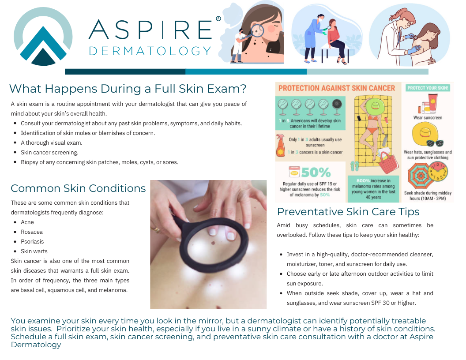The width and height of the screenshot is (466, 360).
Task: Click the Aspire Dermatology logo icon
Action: click(x=43, y=37)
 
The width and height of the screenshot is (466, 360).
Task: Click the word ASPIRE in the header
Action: click(x=150, y=29)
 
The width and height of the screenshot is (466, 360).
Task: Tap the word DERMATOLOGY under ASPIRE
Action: click(x=150, y=51)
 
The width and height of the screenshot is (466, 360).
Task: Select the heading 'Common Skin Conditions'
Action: click(x=78, y=188)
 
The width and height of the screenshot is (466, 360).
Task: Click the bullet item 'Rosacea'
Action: click(x=32, y=232)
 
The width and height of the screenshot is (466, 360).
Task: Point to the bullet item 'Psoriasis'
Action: click(x=32, y=242)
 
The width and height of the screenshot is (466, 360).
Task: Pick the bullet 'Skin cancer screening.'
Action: click(x=49, y=152)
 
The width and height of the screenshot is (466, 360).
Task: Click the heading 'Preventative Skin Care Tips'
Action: click(x=348, y=212)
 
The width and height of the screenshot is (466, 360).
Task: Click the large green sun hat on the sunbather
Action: click(x=373, y=106)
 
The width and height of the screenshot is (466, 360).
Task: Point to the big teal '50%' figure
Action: click(x=316, y=172)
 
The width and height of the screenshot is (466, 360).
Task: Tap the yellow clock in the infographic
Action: click(x=437, y=172)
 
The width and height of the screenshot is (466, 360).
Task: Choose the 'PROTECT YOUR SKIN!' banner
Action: click(x=428, y=88)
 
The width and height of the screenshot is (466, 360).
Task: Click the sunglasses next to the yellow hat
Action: click(x=435, y=143)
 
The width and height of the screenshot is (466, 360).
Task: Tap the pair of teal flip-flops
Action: click(x=355, y=165)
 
